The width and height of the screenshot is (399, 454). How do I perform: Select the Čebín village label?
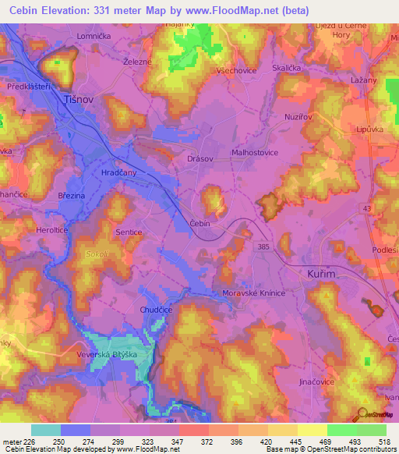(201, 223)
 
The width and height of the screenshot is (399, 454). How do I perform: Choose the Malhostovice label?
(256, 154)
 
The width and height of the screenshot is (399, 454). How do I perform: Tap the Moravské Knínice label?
(245, 293)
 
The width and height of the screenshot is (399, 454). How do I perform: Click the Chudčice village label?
(156, 310)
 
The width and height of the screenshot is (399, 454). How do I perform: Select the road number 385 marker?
(265, 247)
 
